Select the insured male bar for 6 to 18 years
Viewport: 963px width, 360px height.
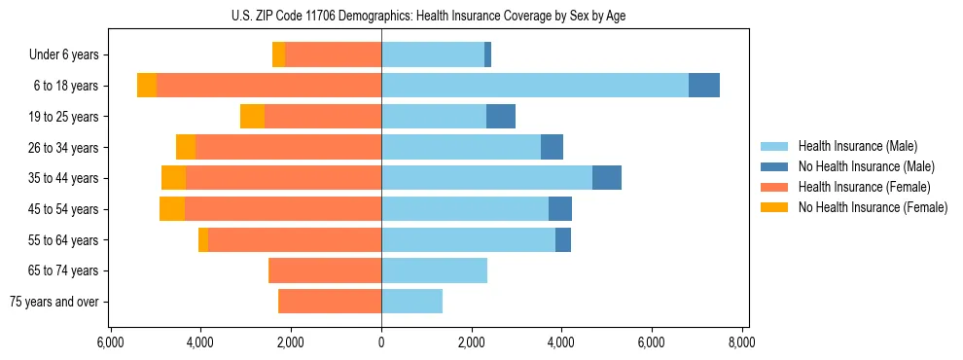click(x=535, y=86)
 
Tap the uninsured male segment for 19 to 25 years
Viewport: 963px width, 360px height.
click(x=500, y=117)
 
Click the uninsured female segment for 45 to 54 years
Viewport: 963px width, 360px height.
click(x=172, y=209)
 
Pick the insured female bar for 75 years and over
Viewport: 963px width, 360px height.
click(x=330, y=302)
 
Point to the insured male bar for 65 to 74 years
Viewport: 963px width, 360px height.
click(x=434, y=270)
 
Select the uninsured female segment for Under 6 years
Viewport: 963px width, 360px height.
click(x=278, y=55)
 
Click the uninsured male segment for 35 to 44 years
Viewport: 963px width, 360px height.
click(x=607, y=178)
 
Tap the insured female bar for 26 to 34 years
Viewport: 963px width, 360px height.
click(x=288, y=147)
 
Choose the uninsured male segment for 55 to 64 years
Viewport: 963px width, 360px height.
click(x=563, y=240)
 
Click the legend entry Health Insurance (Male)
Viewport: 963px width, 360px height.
click(x=857, y=146)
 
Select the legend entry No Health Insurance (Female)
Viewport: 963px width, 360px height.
click(x=873, y=207)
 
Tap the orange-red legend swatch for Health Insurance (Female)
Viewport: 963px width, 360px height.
click(x=774, y=187)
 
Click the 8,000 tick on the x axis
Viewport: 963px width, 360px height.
click(x=742, y=342)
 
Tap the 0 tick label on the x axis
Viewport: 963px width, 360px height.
click(x=381, y=342)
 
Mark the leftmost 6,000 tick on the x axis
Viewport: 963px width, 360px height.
click(x=110, y=342)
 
